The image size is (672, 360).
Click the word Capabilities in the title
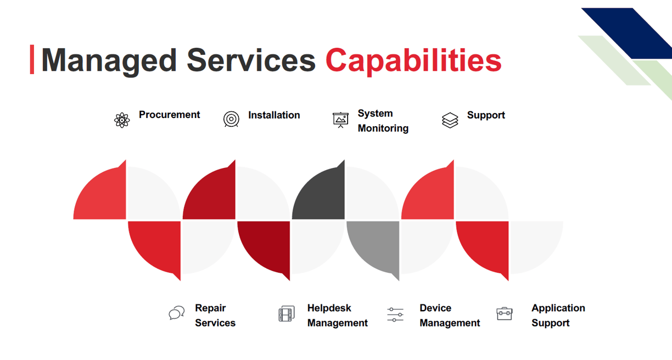tap(413, 61)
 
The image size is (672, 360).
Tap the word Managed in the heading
tap(109, 61)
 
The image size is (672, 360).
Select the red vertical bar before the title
tap(32, 59)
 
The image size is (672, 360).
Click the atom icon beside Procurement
tap(122, 120)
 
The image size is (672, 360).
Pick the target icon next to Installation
tap(231, 119)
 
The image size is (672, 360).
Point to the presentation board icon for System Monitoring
tap(340, 120)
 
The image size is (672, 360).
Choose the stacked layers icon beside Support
tap(450, 120)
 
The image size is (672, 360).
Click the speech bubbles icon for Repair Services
tap(177, 313)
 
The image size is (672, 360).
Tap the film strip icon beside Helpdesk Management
tap(287, 314)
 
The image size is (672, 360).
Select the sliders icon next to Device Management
tap(395, 314)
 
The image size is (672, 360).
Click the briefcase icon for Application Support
tap(505, 314)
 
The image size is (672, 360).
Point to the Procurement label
tap(169, 115)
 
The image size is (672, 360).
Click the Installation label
tap(274, 115)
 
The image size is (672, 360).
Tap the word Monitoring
tap(383, 128)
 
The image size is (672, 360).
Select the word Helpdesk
tap(329, 308)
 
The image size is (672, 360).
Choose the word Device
tap(435, 308)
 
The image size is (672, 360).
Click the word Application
tap(558, 308)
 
